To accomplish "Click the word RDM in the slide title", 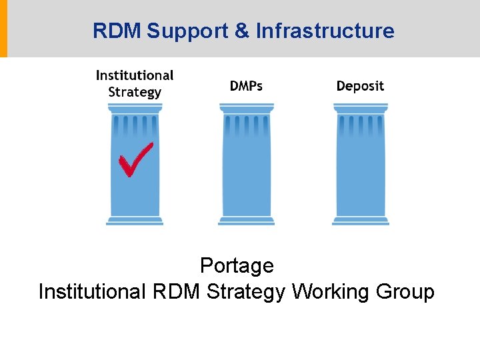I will click(117, 31).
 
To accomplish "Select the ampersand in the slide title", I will click(241, 31).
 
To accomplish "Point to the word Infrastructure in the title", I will click(325, 31).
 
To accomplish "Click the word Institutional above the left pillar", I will click(135, 75).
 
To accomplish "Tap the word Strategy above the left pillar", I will click(135, 92).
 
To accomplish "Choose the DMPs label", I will click(246, 86).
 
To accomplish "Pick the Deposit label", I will click(360, 86).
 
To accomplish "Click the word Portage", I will click(237, 265).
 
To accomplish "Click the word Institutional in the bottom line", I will click(92, 292).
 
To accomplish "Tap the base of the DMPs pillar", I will click(246, 221).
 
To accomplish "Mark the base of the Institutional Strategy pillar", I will click(135, 221).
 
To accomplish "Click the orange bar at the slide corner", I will click(3, 29).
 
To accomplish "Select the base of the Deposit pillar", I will click(360, 221).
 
